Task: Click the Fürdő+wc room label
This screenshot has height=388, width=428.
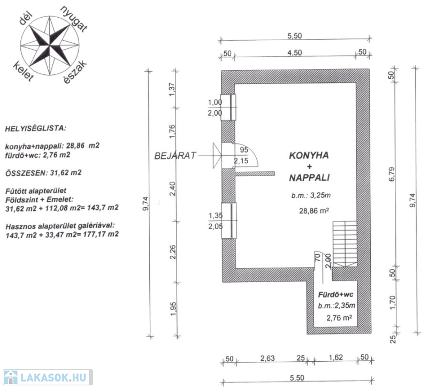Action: [x=337, y=294]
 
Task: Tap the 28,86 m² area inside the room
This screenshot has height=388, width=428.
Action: [x=314, y=211]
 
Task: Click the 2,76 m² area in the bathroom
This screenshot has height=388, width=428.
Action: [x=339, y=317]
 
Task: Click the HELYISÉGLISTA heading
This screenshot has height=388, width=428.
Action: [x=35, y=129]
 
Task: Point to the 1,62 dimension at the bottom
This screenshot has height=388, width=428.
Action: [x=336, y=359]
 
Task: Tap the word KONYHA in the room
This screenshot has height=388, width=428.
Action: [x=309, y=156]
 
